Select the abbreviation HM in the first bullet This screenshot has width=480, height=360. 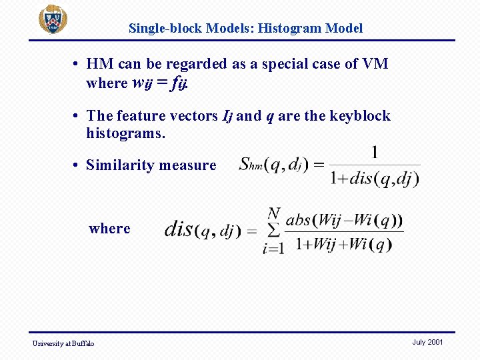(x=100, y=64)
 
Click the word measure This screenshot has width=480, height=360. (x=191, y=165)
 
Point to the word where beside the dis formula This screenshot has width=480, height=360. (x=109, y=229)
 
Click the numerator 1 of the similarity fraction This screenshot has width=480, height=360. (x=375, y=153)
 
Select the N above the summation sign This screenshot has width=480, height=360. (x=273, y=214)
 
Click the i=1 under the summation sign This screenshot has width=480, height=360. (x=273, y=249)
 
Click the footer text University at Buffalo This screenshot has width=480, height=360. (x=64, y=343)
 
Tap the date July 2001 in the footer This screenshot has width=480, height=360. (x=427, y=342)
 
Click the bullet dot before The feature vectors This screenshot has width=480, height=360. (x=78, y=116)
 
